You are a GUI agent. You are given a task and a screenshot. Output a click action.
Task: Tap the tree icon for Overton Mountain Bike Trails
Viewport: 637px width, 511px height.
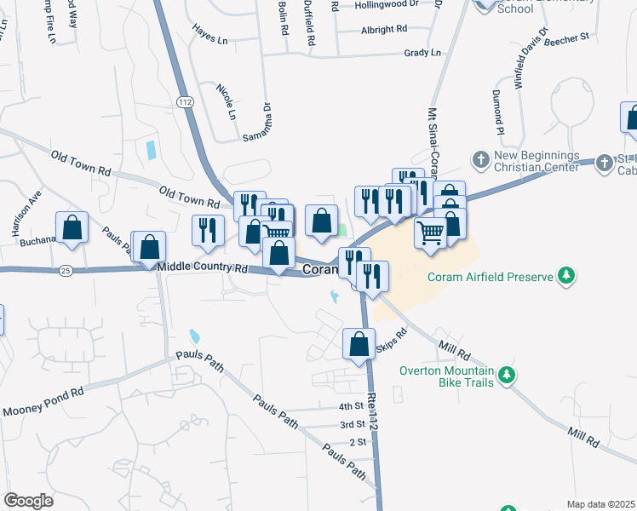507,374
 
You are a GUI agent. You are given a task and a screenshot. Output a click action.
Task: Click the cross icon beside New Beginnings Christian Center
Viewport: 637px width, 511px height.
481,159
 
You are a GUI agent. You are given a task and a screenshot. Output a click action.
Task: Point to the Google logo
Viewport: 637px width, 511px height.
28,501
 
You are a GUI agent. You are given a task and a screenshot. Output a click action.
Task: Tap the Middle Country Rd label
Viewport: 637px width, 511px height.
202,268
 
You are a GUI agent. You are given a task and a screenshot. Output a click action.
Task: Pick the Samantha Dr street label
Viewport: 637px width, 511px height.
258,123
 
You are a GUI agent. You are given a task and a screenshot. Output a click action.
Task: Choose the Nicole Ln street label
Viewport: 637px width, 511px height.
226,101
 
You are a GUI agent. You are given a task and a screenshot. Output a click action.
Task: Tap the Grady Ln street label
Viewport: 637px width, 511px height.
423,53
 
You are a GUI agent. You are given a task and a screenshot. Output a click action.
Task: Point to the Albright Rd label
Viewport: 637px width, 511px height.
383,29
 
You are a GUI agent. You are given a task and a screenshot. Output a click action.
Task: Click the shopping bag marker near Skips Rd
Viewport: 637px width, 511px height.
359,345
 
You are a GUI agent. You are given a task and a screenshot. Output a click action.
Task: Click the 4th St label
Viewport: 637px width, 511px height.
351,406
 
